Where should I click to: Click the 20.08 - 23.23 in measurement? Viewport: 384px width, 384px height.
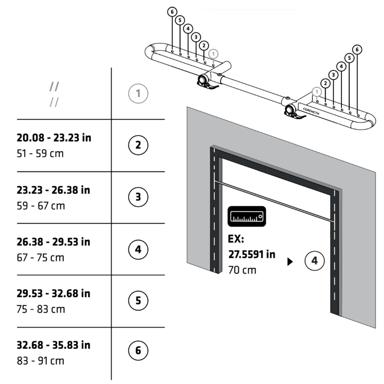coord(54,138)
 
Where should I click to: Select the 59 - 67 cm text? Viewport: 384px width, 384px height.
coord(41,206)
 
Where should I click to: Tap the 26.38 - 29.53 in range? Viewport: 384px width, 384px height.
coord(53,242)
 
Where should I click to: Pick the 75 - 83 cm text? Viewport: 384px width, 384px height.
coord(41,309)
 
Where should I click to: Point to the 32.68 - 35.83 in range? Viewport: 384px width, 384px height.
coord(53,345)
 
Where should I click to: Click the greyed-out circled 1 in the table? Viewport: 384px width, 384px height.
coord(138,93)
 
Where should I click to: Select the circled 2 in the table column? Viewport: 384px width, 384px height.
coord(138,145)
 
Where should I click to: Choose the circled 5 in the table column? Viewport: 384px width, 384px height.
coord(138,301)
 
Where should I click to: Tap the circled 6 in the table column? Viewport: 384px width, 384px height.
coord(138,350)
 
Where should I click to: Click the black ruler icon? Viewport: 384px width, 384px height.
coord(247,217)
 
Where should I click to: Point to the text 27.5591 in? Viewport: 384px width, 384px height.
coord(252,254)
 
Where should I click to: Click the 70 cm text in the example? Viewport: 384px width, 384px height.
coord(242,270)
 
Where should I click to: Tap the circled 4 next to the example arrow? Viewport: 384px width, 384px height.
coord(314,261)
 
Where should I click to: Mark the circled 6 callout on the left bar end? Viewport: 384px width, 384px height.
coord(172,12)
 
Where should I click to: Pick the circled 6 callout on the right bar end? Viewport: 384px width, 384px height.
coord(357,49)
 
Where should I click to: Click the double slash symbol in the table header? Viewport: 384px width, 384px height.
coord(54,94)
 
